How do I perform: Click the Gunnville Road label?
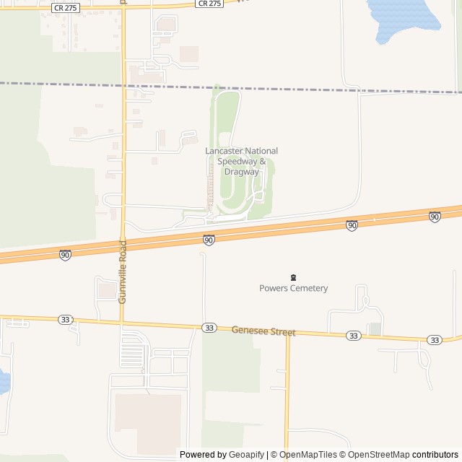(123, 281)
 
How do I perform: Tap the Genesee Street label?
(263, 331)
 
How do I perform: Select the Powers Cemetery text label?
(293, 288)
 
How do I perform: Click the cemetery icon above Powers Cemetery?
(293, 277)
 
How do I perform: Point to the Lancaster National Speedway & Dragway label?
(241, 161)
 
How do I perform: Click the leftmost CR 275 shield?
(66, 6)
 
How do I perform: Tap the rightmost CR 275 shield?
(209, 4)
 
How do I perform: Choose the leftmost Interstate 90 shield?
(66, 255)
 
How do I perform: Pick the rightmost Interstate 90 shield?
(435, 217)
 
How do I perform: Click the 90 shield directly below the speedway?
(209, 240)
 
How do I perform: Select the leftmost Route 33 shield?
(66, 319)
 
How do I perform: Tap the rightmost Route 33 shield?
(434, 339)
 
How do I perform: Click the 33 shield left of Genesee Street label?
(209, 328)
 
